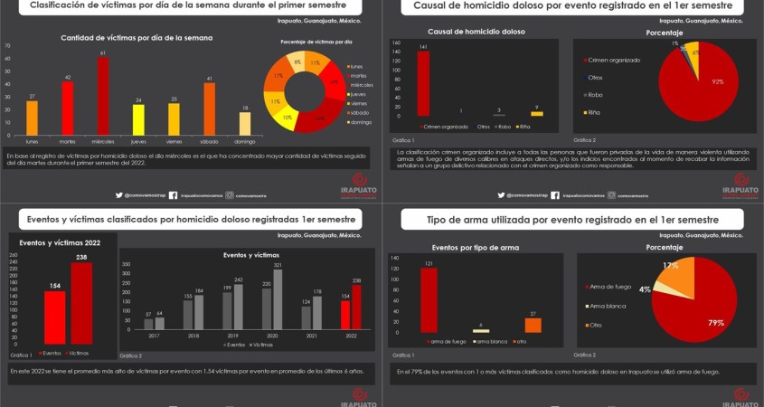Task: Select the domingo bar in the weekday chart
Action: click(244, 123)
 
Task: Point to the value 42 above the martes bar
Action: click(68, 78)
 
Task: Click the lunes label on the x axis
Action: click(33, 141)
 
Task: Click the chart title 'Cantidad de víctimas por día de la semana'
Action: click(137, 38)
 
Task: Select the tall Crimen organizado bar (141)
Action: click(423, 84)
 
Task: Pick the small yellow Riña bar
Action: click(536, 114)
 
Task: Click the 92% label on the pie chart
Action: click(718, 82)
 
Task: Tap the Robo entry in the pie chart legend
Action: click(594, 95)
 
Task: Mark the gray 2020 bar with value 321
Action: click(278, 298)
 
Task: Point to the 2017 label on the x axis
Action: click(153, 336)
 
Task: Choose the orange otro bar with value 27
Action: click(533, 326)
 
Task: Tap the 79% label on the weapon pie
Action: click(715, 323)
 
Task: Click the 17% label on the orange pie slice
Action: click(670, 266)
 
